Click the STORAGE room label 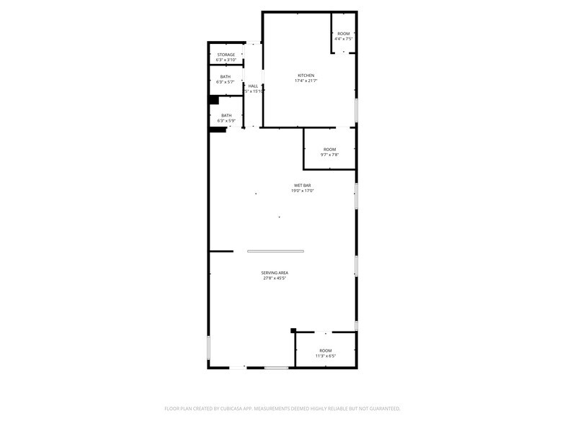point(226,55)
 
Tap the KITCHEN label point(306,76)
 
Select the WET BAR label point(302,186)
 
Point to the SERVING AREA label point(275,273)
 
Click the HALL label point(253,86)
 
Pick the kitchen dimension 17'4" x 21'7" point(306,81)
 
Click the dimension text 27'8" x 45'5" point(275,278)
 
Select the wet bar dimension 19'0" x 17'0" point(302,191)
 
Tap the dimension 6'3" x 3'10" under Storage point(226,60)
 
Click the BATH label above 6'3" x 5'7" point(226,77)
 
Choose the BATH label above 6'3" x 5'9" point(226,116)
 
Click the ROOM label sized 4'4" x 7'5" point(344,34)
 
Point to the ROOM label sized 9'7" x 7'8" point(329,150)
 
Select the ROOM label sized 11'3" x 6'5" point(326,350)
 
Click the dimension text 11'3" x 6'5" point(326,356)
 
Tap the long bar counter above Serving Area point(275,251)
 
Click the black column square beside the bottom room point(293,331)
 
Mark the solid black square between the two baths point(214,100)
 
